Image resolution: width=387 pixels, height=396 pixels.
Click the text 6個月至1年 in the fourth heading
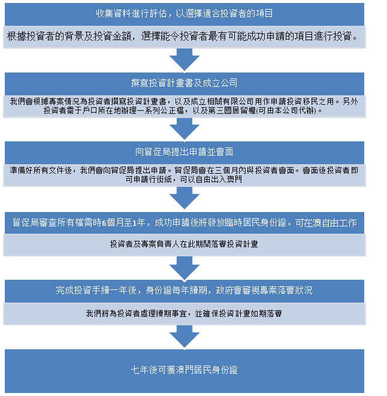(126, 223)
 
